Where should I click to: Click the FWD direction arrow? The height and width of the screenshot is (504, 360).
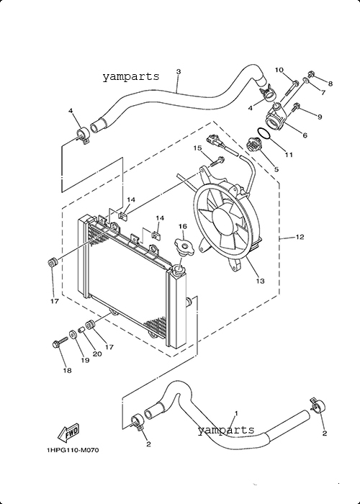(x=68, y=432)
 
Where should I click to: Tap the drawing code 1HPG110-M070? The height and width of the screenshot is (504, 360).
(x=73, y=450)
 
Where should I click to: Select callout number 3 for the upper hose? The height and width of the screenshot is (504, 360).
(x=179, y=71)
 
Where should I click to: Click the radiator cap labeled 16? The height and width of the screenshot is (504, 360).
(x=184, y=247)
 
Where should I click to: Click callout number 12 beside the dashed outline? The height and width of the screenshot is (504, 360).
(x=300, y=237)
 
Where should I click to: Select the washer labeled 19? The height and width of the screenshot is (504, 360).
(x=73, y=335)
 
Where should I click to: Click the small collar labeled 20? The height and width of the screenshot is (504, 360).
(x=81, y=330)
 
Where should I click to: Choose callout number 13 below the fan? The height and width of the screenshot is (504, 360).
(x=261, y=281)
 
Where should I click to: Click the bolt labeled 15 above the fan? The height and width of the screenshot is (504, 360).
(x=217, y=161)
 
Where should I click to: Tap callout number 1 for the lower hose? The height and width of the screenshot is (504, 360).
(x=236, y=413)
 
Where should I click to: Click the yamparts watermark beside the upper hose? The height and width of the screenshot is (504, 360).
(x=131, y=77)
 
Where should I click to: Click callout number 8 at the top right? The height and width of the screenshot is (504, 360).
(x=330, y=84)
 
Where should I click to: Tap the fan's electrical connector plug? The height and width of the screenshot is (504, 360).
(x=215, y=140)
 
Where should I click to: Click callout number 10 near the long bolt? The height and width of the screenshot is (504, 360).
(x=279, y=70)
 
